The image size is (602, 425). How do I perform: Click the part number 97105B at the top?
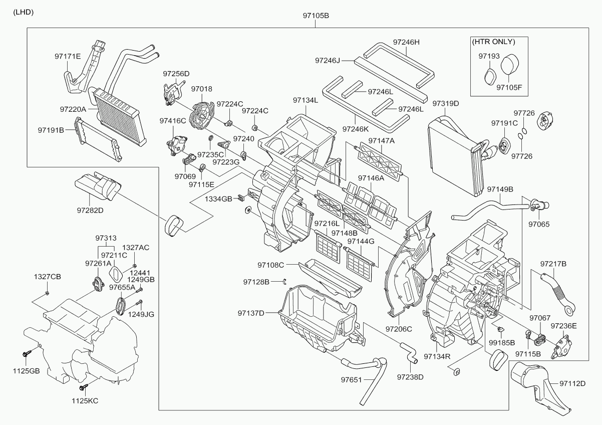pos(316,16)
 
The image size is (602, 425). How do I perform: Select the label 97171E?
pos(68,57)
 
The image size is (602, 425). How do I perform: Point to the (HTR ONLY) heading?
pos(493,42)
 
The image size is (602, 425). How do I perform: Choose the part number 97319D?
pos(446,104)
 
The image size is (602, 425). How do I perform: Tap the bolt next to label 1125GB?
pos(27,354)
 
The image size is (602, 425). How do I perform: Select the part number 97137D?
pos(251,313)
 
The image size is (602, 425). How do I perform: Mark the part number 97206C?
pos(399,329)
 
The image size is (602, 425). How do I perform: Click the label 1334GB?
pos(218,199)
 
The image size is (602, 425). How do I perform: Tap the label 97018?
pos(201,89)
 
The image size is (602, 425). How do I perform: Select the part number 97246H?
pos(406,43)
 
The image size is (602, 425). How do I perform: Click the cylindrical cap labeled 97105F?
pos(510,65)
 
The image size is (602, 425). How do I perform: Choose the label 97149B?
pos(500,189)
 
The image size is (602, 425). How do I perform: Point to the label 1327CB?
pos(47,277)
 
